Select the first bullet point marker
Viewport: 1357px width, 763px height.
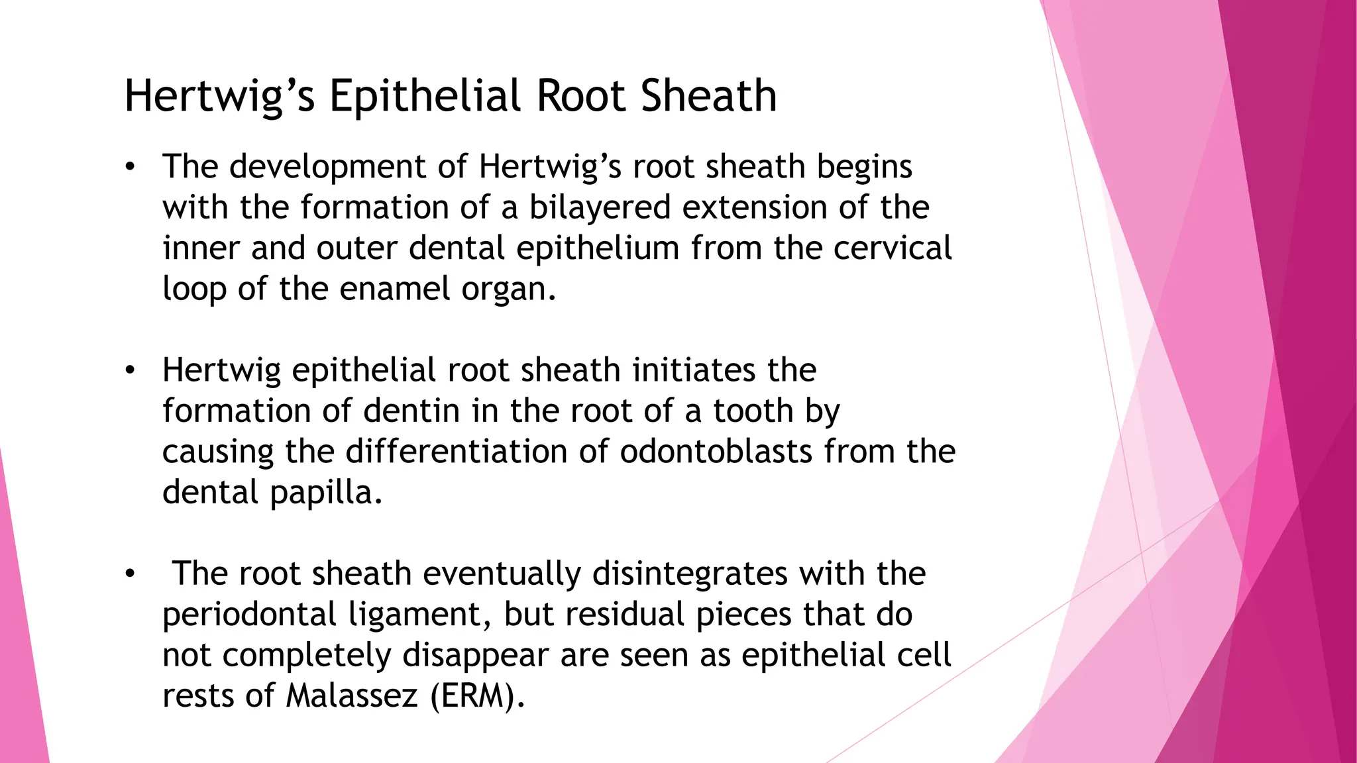click(130, 167)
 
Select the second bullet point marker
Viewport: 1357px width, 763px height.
click(130, 370)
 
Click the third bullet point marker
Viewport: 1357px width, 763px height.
click(130, 574)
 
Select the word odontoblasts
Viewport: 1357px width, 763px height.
click(716, 452)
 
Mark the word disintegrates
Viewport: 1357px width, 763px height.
click(690, 574)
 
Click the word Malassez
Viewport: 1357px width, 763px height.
click(352, 696)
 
